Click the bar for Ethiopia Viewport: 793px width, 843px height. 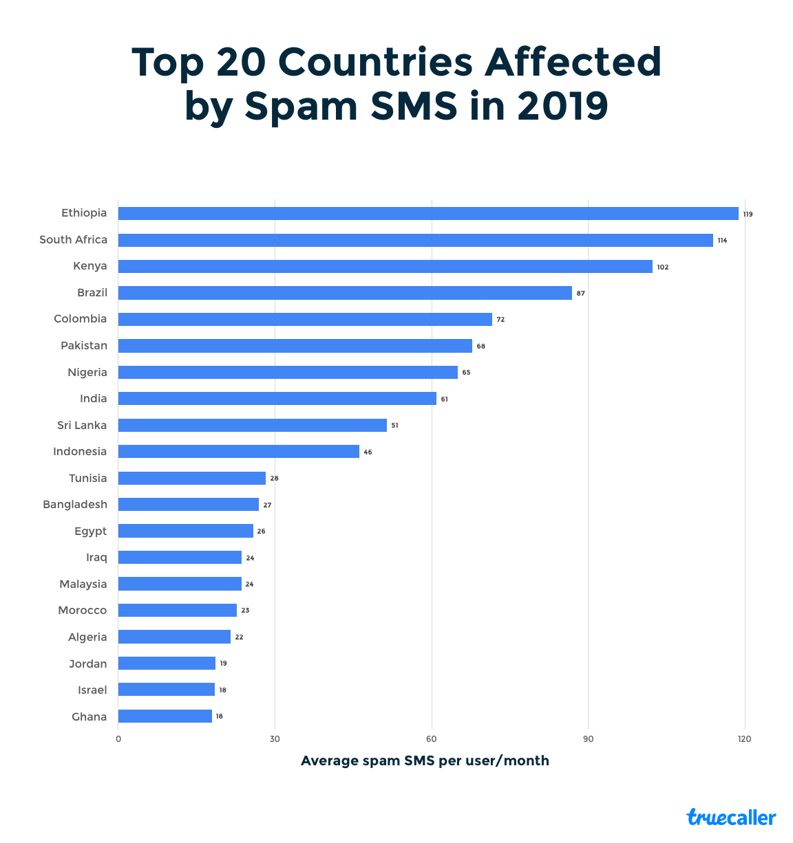click(428, 214)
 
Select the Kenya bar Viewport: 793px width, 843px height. click(385, 267)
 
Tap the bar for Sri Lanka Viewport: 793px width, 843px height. click(253, 426)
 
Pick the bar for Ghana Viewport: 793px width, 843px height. click(165, 716)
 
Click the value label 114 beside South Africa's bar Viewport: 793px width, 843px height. click(722, 241)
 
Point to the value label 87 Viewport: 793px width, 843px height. click(581, 294)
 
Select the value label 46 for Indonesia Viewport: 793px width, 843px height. click(368, 452)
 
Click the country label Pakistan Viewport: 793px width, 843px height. click(84, 346)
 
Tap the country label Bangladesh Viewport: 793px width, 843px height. click(75, 505)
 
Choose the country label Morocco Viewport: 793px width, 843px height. click(83, 611)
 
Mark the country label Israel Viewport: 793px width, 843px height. click(92, 690)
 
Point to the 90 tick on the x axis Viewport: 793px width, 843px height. click(588, 739)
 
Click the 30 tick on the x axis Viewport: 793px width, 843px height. click(275, 739)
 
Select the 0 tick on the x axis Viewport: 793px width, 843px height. click(118, 739)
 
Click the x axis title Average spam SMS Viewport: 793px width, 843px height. click(425, 761)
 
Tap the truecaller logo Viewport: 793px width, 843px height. click(731, 818)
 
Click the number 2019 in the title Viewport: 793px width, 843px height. click(562, 107)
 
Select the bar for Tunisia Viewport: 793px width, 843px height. click(192, 479)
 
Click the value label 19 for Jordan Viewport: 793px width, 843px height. click(223, 664)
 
